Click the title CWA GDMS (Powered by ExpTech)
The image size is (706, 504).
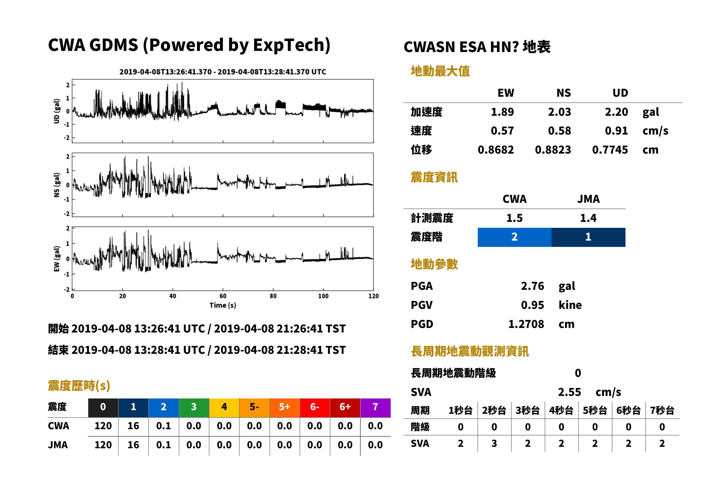coord(189,45)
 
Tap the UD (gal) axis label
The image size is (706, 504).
coord(57,111)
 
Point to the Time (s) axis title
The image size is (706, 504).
coord(223,305)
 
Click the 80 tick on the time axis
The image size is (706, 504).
coord(273,296)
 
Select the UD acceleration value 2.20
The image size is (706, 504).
coord(616,112)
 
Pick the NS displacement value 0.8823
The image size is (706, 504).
coord(553,150)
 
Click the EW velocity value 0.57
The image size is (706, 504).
coord(502,131)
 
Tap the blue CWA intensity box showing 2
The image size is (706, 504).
coord(514,237)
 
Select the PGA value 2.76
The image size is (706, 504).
coord(532,286)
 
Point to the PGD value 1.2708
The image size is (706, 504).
coord(526,324)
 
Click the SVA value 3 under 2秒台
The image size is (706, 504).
coord(494,443)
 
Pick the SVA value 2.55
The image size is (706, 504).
coord(569,392)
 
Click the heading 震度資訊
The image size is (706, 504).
coord(434,177)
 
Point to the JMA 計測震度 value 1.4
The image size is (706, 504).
coord(588,218)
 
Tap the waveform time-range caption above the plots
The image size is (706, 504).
coord(223,72)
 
